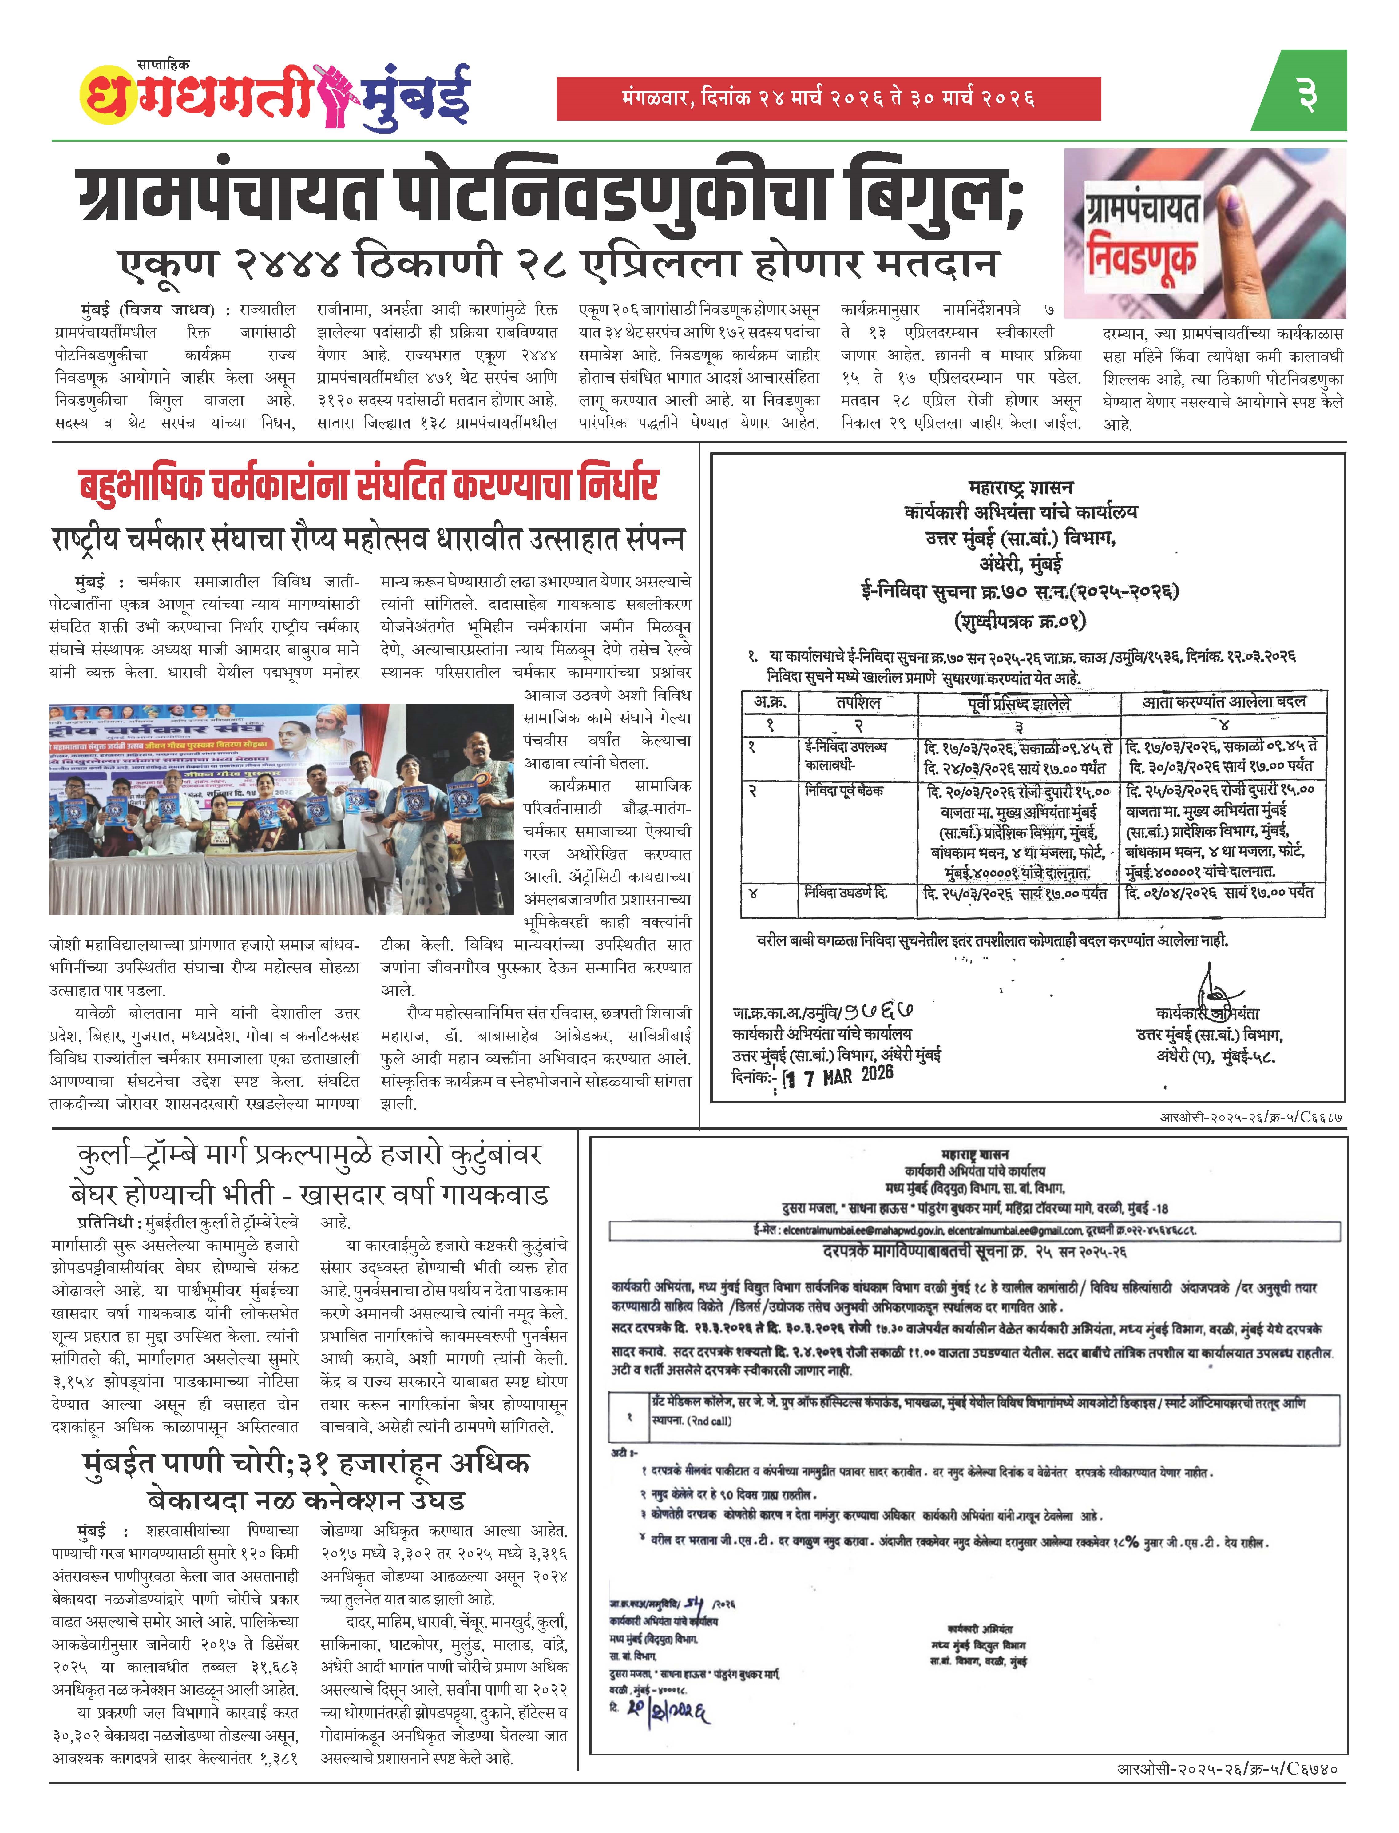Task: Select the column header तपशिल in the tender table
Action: tap(858, 703)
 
